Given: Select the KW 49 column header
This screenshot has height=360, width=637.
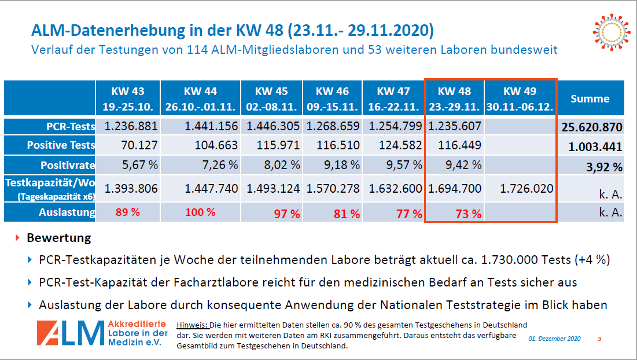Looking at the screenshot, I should click(x=520, y=98).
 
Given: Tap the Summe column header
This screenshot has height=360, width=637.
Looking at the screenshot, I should click(x=590, y=98).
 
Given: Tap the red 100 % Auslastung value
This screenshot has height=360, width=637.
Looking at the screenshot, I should click(x=200, y=212).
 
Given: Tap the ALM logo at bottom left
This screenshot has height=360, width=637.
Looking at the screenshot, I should click(x=102, y=334).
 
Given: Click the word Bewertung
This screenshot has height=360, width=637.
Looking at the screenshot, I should click(x=58, y=238).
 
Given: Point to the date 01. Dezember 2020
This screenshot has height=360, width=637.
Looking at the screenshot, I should click(x=554, y=339).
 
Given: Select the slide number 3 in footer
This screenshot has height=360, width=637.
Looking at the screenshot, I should click(x=599, y=339).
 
